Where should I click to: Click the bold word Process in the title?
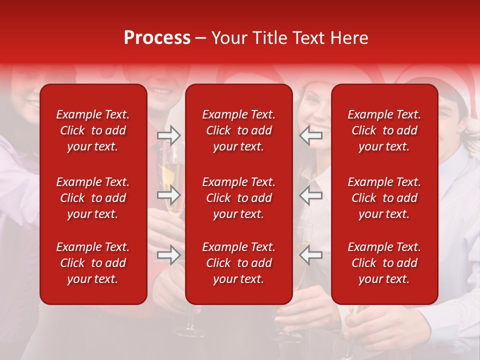pos(157,38)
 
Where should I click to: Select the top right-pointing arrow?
pos(168,135)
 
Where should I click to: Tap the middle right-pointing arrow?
pos(168,195)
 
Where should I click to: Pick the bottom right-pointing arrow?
pos(168,255)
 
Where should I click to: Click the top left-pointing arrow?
pos(311,135)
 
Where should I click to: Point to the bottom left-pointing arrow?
pos(311,255)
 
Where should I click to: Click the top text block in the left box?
pos(93,130)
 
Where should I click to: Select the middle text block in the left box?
pos(93,198)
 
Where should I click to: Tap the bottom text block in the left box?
pos(93,263)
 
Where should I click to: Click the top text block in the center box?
pos(238,130)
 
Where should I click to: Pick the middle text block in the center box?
pos(238,198)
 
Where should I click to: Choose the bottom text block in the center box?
pos(238,263)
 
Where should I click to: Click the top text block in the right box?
pos(384,130)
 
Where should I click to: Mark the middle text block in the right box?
pos(384,198)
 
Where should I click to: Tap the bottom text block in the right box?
pos(384,263)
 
